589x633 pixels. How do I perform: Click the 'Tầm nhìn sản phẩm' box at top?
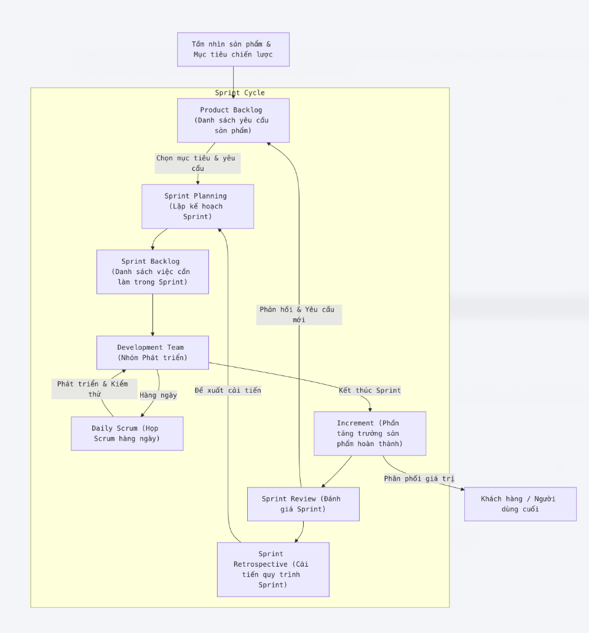[233, 49]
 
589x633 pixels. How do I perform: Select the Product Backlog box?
[233, 120]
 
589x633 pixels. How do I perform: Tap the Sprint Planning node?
[197, 206]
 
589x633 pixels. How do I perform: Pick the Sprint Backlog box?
[152, 272]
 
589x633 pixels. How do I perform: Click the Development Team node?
[152, 352]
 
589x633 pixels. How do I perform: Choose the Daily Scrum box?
[127, 433]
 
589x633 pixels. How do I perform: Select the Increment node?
[370, 433]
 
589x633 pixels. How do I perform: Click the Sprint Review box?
[303, 504]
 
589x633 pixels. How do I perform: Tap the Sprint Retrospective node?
[273, 569]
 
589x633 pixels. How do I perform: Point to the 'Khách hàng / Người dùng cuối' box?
[520, 504]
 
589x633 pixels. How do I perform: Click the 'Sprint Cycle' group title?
[240, 93]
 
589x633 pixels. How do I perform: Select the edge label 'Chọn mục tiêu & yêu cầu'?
[197, 163]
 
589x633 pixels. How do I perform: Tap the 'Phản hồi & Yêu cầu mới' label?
[299, 315]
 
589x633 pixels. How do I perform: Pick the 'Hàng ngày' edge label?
[158, 395]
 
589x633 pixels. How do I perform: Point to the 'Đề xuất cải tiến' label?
[228, 390]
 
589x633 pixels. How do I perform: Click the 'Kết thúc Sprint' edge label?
[370, 390]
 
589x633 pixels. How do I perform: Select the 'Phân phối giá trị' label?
[419, 479]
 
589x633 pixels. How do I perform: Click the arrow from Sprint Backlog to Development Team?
[152, 315]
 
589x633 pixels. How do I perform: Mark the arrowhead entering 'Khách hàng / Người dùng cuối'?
[461, 489]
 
